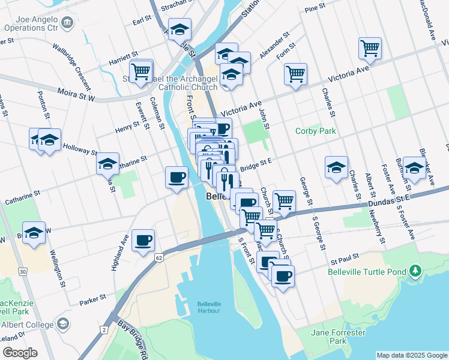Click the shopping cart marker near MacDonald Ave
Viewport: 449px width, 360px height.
370,48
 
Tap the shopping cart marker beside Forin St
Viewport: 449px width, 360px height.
295,74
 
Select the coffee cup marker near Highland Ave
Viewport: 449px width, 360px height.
143,241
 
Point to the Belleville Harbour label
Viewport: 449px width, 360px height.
209,307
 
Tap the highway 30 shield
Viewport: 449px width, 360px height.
22,272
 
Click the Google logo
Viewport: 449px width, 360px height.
20,352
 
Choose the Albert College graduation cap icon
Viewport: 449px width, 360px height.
63,325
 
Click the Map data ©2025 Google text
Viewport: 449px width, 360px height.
411,355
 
